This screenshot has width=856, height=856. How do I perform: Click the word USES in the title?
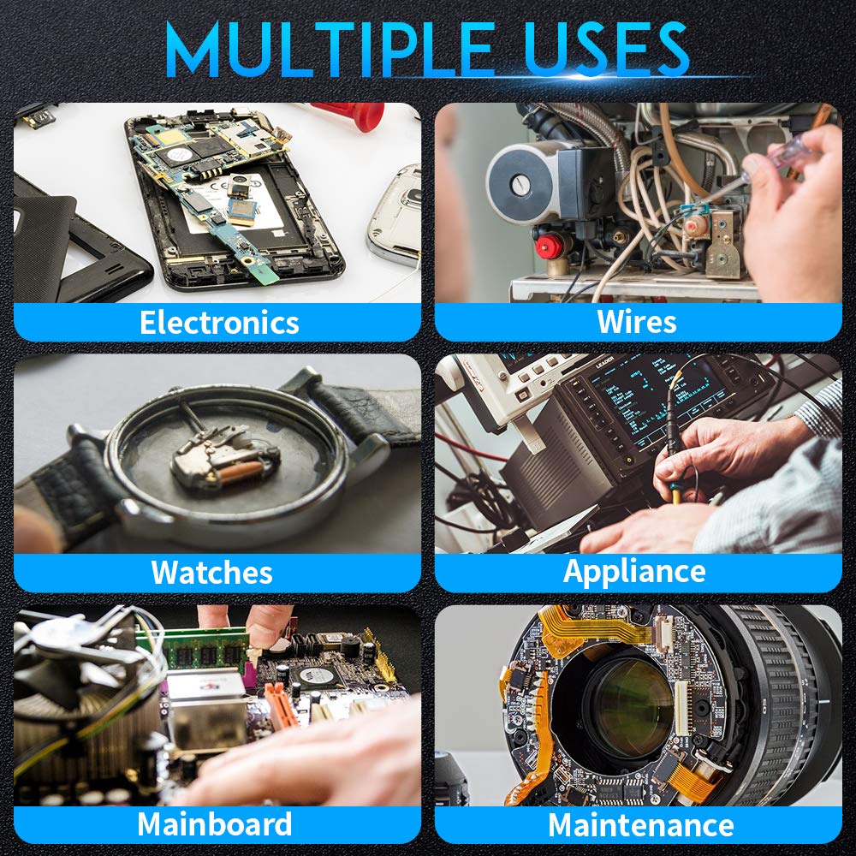click(x=605, y=49)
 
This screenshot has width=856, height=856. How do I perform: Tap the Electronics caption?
click(x=219, y=322)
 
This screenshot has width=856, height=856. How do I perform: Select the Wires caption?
click(x=637, y=321)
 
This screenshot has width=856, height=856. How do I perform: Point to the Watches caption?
click(x=211, y=572)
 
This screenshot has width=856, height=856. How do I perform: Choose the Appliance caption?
click(x=634, y=573)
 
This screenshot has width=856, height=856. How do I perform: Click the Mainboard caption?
click(x=214, y=823)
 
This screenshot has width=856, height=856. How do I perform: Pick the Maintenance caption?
click(x=640, y=824)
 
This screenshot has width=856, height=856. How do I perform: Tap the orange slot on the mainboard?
click(x=281, y=704)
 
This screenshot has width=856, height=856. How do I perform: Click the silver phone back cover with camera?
click(x=395, y=217)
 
